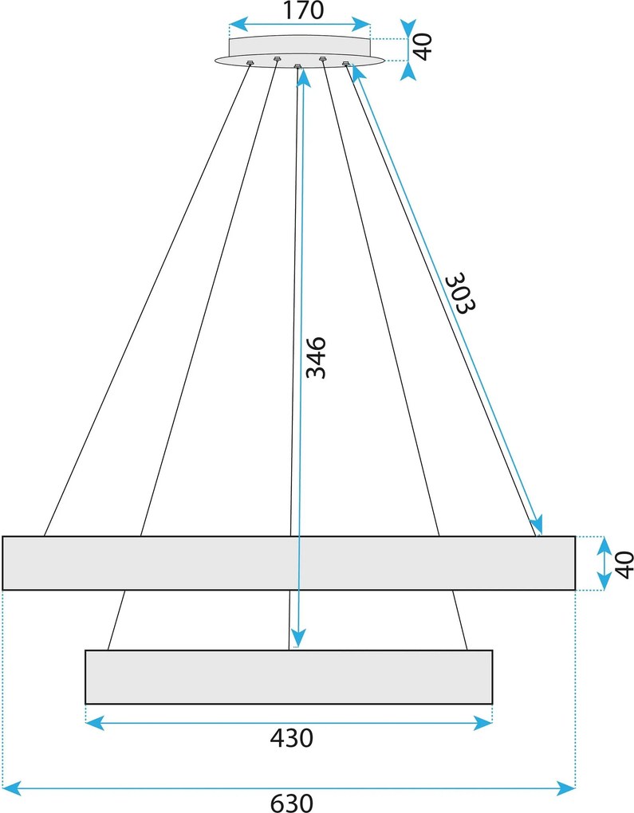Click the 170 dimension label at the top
(x=303, y=10)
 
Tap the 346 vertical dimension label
(x=316, y=358)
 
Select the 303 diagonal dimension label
(x=460, y=293)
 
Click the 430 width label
(x=292, y=738)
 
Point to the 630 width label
(x=292, y=803)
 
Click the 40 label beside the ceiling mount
(x=423, y=47)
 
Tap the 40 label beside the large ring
(x=624, y=564)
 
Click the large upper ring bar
(x=289, y=563)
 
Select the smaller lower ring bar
(x=289, y=677)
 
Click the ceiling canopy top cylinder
(x=300, y=45)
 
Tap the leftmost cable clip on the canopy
(x=250, y=63)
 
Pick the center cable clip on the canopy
(x=297, y=66)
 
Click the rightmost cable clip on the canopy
(x=346, y=64)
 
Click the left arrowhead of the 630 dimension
(x=11, y=788)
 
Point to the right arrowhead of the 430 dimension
(x=483, y=722)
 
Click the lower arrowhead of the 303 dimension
(x=538, y=524)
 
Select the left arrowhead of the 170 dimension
(x=238, y=25)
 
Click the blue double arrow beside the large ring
(x=604, y=564)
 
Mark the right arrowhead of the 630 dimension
(x=566, y=788)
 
